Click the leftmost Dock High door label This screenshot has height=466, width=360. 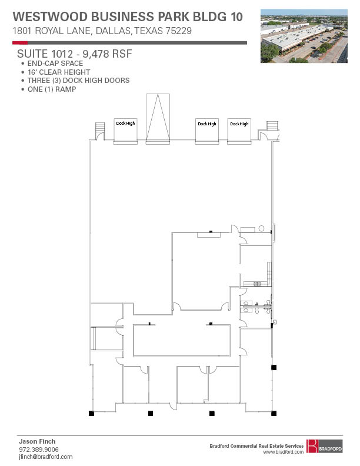pyautogui.click(x=125, y=123)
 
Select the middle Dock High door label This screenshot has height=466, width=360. pyautogui.click(x=207, y=124)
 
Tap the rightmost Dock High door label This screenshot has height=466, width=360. pyautogui.click(x=239, y=124)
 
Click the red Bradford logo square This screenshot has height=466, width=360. pyautogui.click(x=312, y=446)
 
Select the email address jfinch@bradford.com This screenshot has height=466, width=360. pyautogui.click(x=46, y=457)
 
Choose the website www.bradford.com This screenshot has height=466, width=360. pyautogui.click(x=283, y=452)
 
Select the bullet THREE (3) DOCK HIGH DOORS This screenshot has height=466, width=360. pyautogui.click(x=78, y=80)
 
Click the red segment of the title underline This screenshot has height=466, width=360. pyautogui.click(x=20, y=42)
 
